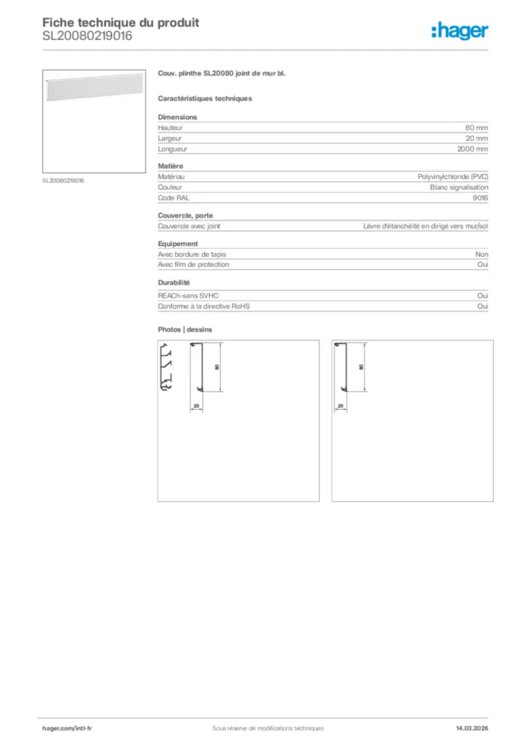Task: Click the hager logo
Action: tap(459, 30)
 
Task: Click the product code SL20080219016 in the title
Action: tap(87, 36)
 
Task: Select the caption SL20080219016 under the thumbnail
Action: tap(63, 181)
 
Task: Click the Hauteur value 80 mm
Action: tap(477, 128)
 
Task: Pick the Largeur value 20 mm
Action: tap(477, 138)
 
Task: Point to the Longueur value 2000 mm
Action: tap(472, 149)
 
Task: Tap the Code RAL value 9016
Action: tap(480, 197)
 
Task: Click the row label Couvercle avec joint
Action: tap(189, 226)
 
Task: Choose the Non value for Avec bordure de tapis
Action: tap(482, 255)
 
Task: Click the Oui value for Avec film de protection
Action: tap(482, 265)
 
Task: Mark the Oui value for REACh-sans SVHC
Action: tap(482, 296)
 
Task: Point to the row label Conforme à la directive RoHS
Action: tap(204, 306)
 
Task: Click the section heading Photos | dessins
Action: tap(185, 329)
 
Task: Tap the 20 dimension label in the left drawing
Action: tap(196, 406)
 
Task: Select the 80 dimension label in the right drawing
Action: tap(361, 367)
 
